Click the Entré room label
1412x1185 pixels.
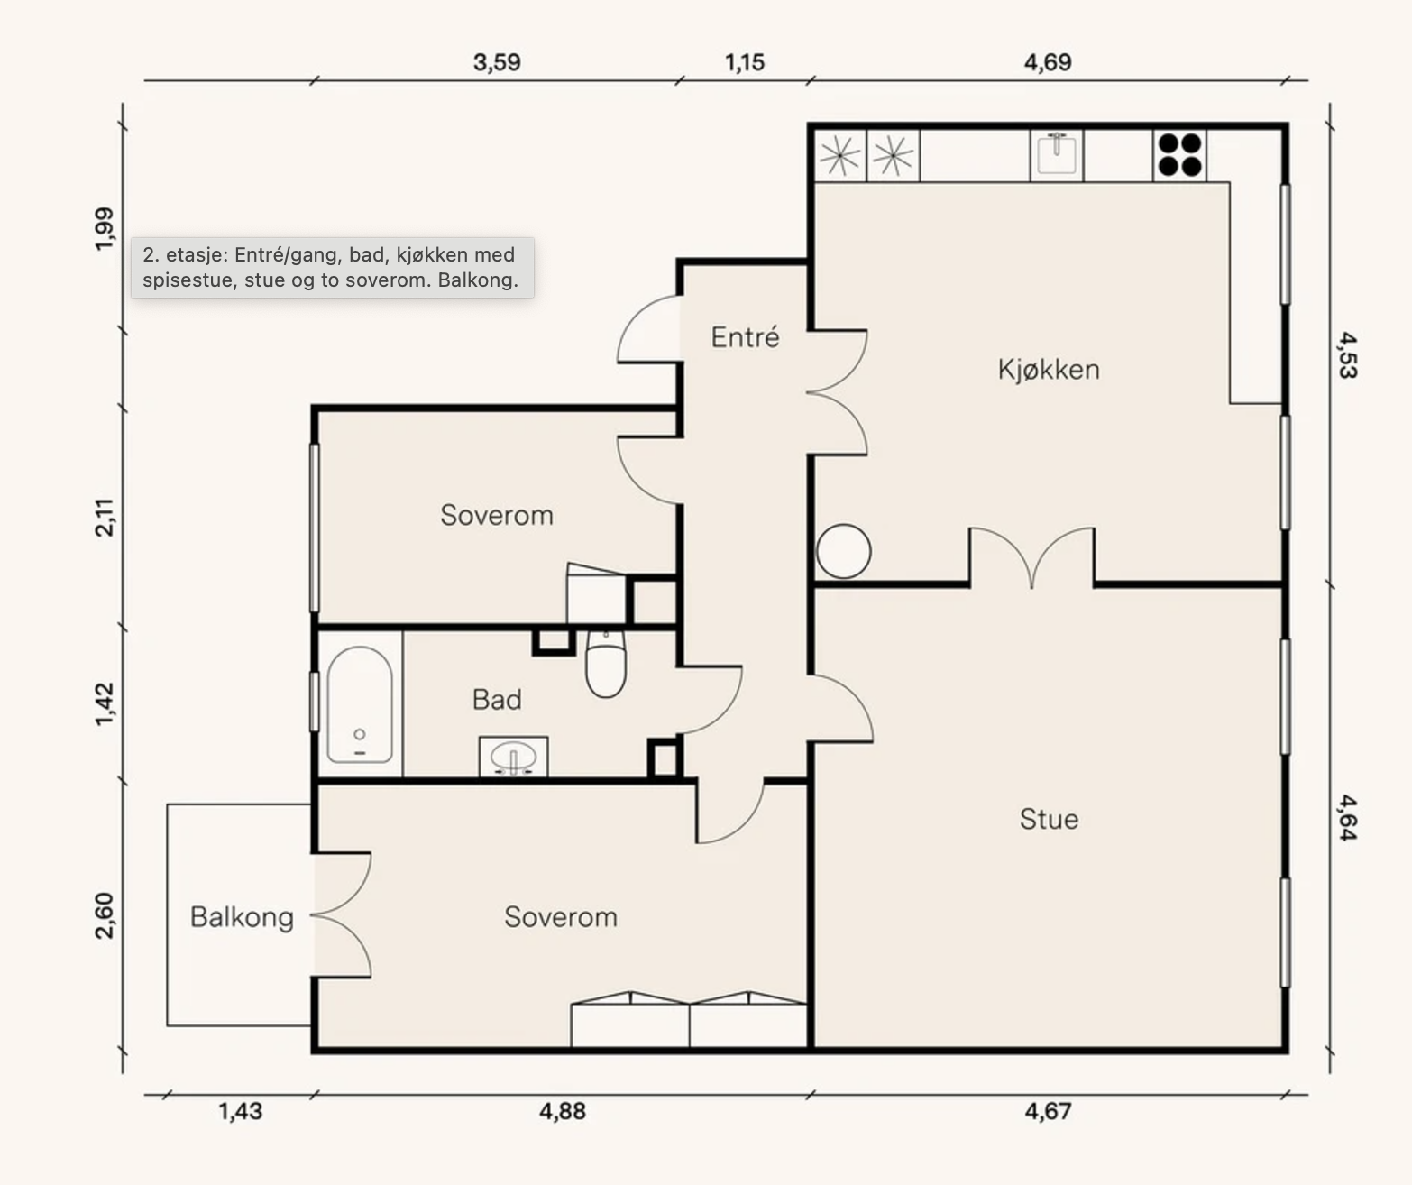pyautogui.click(x=745, y=337)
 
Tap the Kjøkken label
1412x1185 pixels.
pyautogui.click(x=1049, y=370)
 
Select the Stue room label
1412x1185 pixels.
pyautogui.click(x=1049, y=819)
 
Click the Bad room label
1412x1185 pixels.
pyautogui.click(x=497, y=700)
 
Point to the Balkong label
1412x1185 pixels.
pyautogui.click(x=242, y=917)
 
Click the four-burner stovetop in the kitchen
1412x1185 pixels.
pyautogui.click(x=1180, y=155)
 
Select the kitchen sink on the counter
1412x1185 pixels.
pyautogui.click(x=1057, y=154)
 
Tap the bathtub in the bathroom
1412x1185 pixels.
pyautogui.click(x=360, y=705)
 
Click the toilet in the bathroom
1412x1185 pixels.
pyautogui.click(x=606, y=664)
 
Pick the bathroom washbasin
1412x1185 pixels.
pyautogui.click(x=513, y=757)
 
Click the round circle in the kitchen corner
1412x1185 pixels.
pyautogui.click(x=843, y=551)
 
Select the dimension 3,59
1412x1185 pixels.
pyautogui.click(x=497, y=62)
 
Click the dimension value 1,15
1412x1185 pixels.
pyautogui.click(x=745, y=62)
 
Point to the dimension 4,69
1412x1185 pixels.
pyautogui.click(x=1048, y=62)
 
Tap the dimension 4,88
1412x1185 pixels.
pyautogui.click(x=563, y=1111)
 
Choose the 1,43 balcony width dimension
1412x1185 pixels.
pyautogui.click(x=240, y=1111)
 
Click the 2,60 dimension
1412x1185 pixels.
pyautogui.click(x=105, y=916)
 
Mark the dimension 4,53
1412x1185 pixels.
pyautogui.click(x=1347, y=355)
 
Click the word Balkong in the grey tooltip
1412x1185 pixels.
pyautogui.click(x=478, y=280)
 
